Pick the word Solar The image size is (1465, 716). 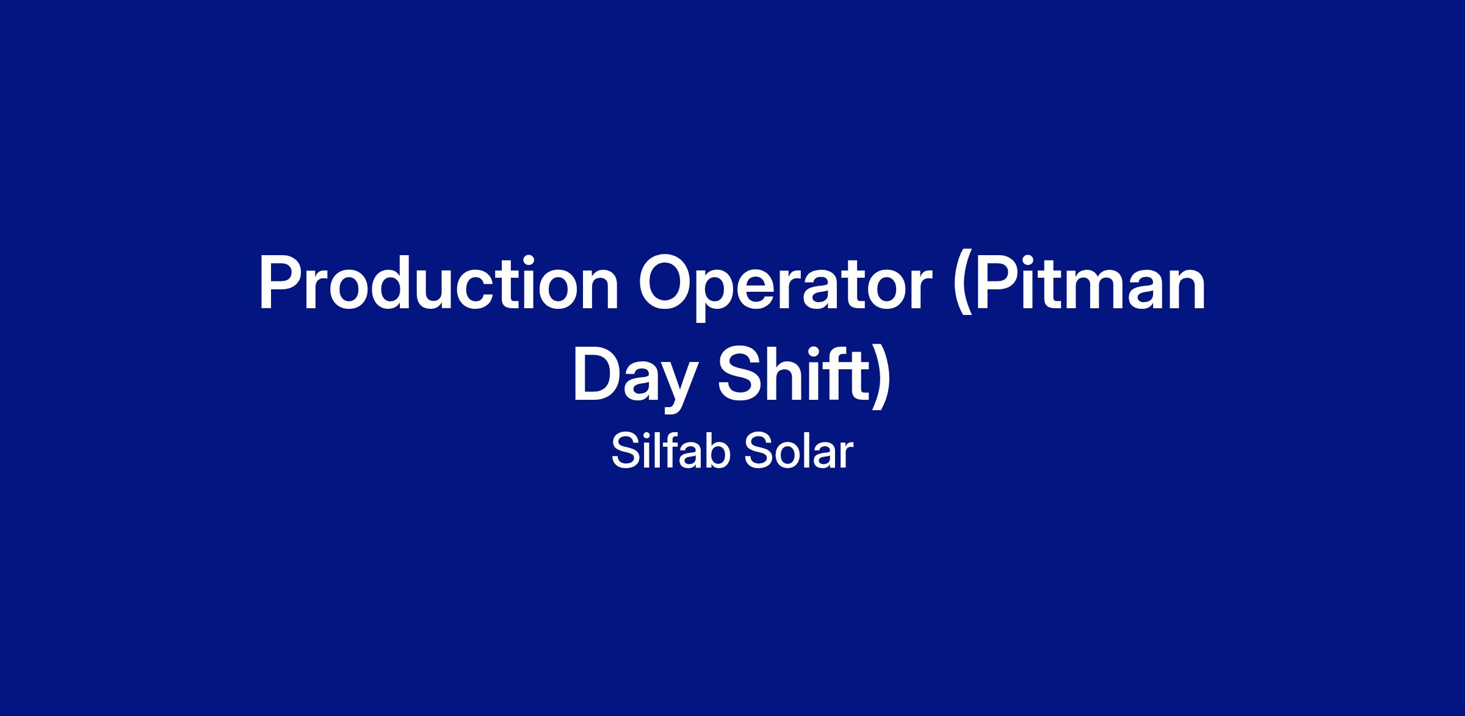[798, 452]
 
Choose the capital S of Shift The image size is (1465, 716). [739, 375]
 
